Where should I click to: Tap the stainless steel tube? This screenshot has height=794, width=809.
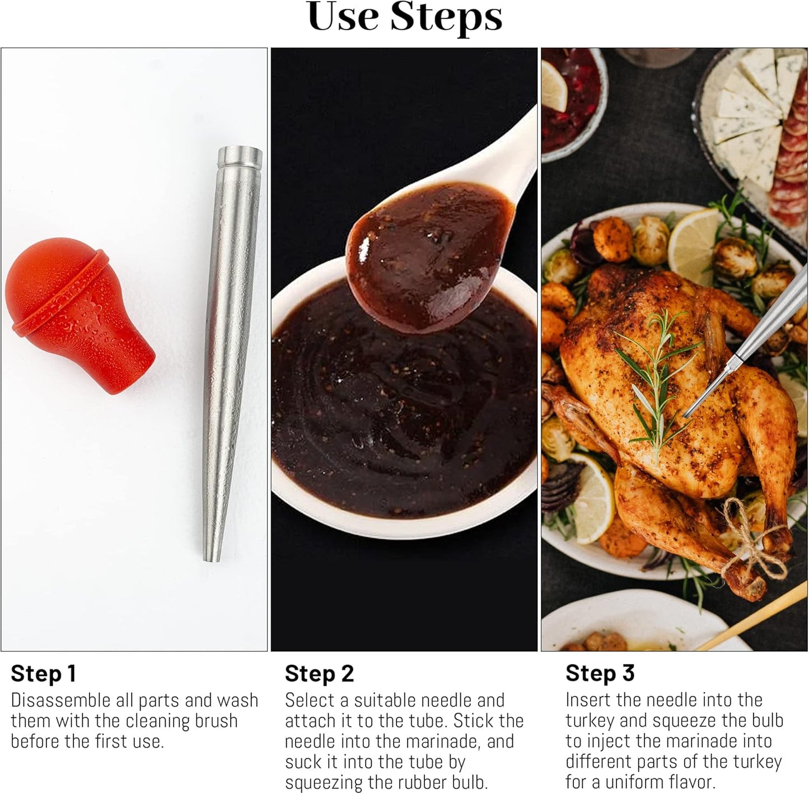pos(231,353)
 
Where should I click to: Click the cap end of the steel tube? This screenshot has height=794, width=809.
pos(240,156)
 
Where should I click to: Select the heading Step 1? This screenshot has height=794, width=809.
pos(44,674)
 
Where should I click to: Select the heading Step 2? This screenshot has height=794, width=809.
pos(320,674)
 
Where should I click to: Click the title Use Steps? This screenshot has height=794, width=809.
pos(405,17)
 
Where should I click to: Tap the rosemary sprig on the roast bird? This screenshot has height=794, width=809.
pos(657,378)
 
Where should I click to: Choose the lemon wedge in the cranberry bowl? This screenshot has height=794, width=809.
pos(554,86)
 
